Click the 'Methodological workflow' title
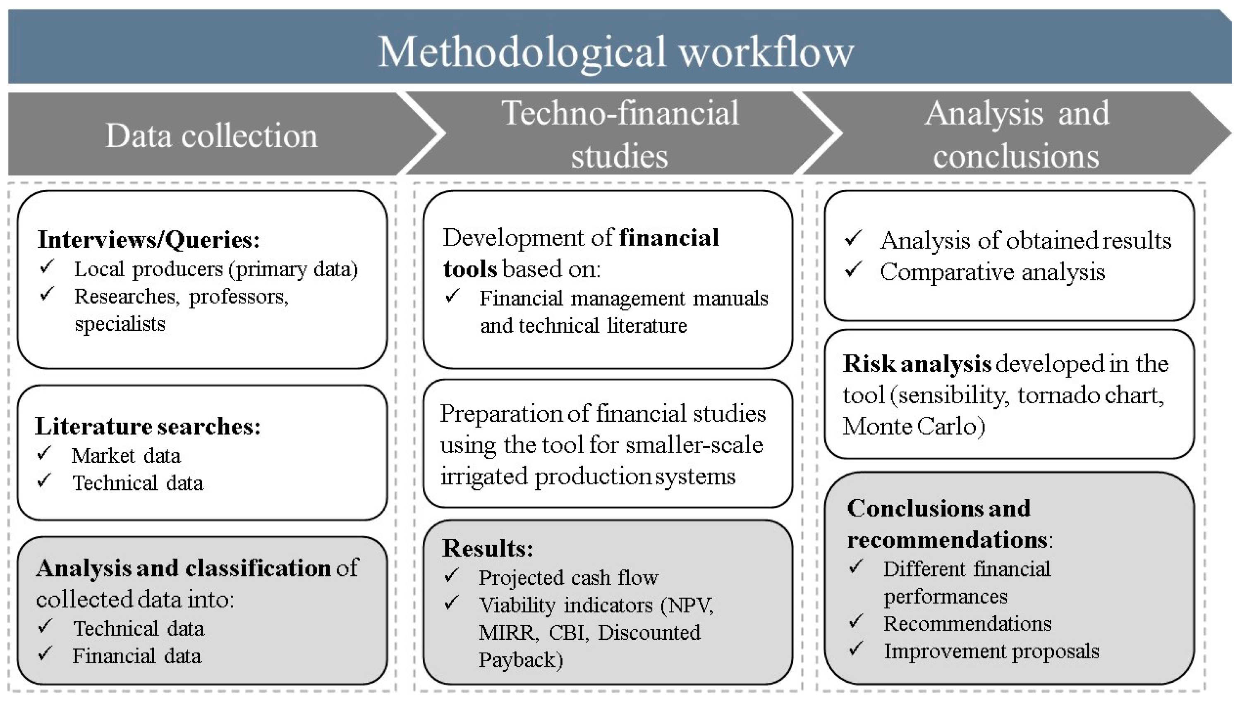coord(615,52)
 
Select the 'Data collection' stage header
coord(211,136)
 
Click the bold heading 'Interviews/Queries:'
coord(148,239)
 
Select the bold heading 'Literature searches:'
coord(148,426)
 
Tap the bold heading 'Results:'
coord(488,548)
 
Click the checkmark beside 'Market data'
coord(44,453)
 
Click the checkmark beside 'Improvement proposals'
coord(856,648)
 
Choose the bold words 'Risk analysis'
coord(917,364)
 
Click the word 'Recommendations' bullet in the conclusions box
coord(967,624)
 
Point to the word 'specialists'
coord(120,324)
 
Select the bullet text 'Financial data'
coord(136,656)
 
